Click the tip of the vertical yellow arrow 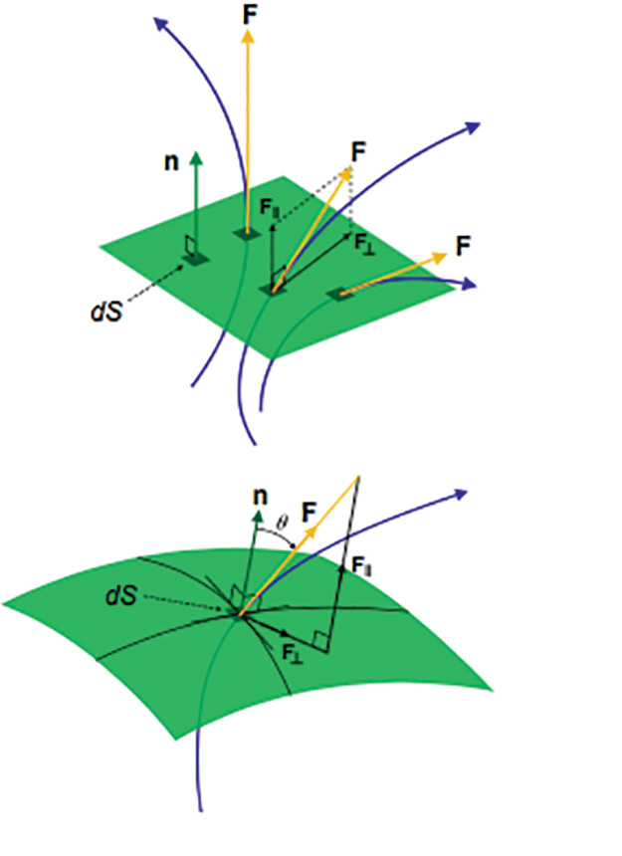point(247,33)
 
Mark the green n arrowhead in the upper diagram point(197,158)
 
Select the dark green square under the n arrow point(195,259)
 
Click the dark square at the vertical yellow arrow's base point(246,233)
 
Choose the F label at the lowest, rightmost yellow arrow point(462,243)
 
